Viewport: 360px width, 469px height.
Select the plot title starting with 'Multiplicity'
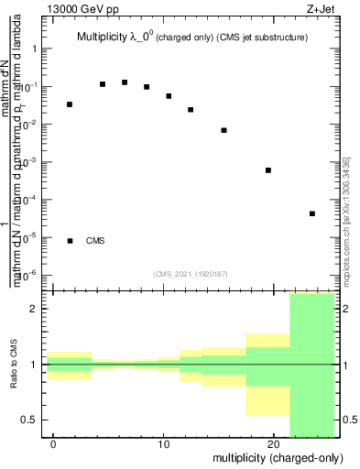191,38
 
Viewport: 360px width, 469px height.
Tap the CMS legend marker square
70,241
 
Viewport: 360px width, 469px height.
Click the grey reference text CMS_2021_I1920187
190,274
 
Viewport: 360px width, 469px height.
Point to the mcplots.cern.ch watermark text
344,220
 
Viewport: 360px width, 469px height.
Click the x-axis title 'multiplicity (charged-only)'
273,456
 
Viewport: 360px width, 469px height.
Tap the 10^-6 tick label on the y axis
27,275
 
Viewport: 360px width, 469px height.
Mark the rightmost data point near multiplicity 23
312,213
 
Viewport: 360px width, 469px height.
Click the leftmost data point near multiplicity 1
70,104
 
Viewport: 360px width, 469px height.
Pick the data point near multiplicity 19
268,170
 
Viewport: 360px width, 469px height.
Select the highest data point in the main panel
125,82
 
